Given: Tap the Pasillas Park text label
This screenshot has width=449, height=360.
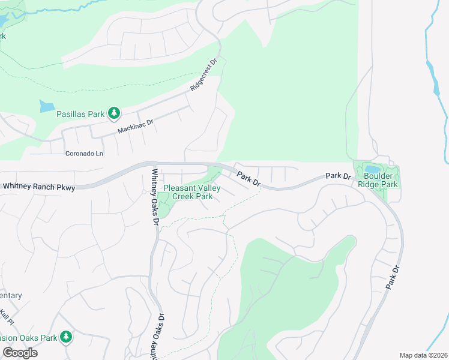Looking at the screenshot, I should pyautogui.click(x=80, y=113).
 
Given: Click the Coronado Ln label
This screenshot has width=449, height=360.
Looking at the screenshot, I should pyautogui.click(x=85, y=154).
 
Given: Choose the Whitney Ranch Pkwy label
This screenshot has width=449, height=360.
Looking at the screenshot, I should pyautogui.click(x=39, y=188).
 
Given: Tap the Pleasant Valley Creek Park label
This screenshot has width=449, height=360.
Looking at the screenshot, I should pyautogui.click(x=192, y=192).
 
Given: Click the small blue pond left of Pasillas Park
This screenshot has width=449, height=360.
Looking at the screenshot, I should pyautogui.click(x=46, y=107).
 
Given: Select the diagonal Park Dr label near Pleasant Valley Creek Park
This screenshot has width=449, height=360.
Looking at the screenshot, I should pyautogui.click(x=248, y=178).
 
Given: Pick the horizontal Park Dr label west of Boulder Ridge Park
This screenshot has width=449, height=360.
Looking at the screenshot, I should pyautogui.click(x=337, y=176).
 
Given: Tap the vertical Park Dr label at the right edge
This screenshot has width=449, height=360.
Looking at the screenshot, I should pyautogui.click(x=393, y=278).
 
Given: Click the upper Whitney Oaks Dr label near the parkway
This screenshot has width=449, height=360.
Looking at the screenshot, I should pyautogui.click(x=155, y=197).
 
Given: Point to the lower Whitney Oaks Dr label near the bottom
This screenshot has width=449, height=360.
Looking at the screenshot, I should pyautogui.click(x=161, y=336).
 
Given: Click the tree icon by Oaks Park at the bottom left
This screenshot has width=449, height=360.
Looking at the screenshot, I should pyautogui.click(x=66, y=338).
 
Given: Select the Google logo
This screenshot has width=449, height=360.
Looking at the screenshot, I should pyautogui.click(x=20, y=353).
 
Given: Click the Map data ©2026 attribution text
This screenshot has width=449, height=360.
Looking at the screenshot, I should pyautogui.click(x=423, y=355).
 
